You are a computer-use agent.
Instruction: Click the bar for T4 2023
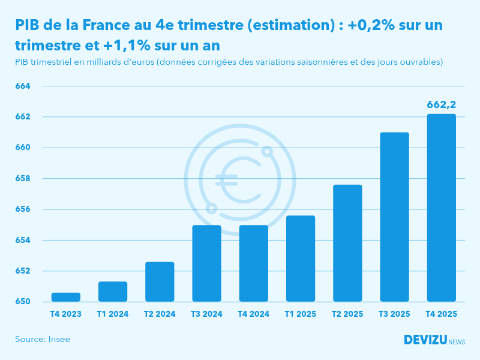pos(66,297)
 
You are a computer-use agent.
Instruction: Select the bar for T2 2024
pos(160,282)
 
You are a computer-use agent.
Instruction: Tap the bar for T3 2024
pos(206,263)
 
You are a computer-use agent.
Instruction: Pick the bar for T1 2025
pos(300,259)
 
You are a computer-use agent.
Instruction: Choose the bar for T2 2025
pos(347,243)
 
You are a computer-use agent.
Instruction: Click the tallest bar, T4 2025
pos(441,208)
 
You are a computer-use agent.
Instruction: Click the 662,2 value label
pos(441,105)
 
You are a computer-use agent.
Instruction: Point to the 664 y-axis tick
pos(22,86)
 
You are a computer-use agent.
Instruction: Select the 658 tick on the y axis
pos(22,178)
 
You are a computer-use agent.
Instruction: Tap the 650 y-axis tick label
pos(22,301)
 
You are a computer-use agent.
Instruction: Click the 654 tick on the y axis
pos(22,240)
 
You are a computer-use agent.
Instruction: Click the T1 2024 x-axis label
pos(113,314)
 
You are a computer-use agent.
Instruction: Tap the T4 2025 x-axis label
pos(441,314)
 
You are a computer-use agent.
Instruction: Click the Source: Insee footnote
pos(43,340)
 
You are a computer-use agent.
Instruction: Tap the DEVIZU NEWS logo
pos(434,340)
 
